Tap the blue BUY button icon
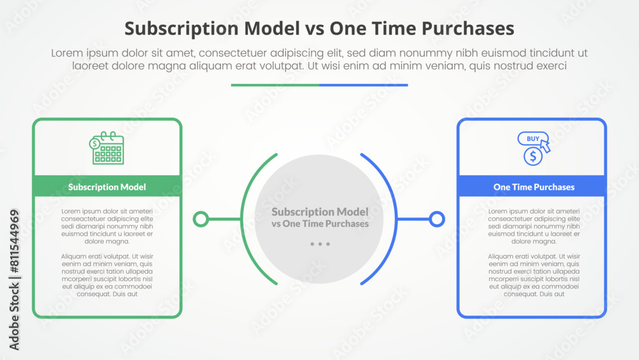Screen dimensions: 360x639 click(532, 139)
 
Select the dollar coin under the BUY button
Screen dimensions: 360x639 click(532, 156)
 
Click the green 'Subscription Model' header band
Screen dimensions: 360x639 click(107, 187)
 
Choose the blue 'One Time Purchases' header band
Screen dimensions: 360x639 click(532, 187)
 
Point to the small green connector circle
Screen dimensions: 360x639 click(201, 219)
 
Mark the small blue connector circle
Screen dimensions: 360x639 click(437, 219)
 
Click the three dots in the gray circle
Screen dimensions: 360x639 click(319, 244)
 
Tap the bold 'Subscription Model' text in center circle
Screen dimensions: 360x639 click(319, 212)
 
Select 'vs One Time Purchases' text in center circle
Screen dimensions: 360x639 click(319, 224)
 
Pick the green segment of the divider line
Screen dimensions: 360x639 click(275, 85)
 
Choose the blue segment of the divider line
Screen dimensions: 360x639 click(364, 85)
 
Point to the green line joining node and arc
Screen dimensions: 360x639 click(224, 219)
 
